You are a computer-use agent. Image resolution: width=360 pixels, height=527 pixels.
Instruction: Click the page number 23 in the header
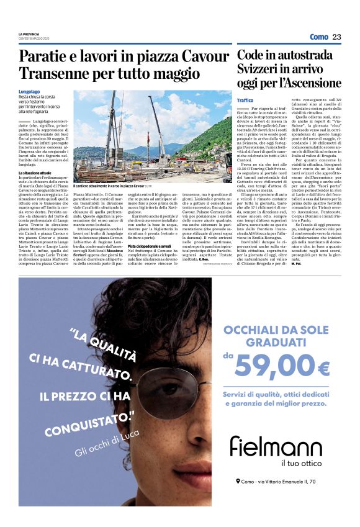(336, 37)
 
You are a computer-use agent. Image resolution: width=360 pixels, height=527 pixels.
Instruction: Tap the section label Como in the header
(318, 37)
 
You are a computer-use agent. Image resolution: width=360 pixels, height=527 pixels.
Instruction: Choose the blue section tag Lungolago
(30, 92)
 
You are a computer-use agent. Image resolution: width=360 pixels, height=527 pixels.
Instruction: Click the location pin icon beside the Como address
(238, 481)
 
